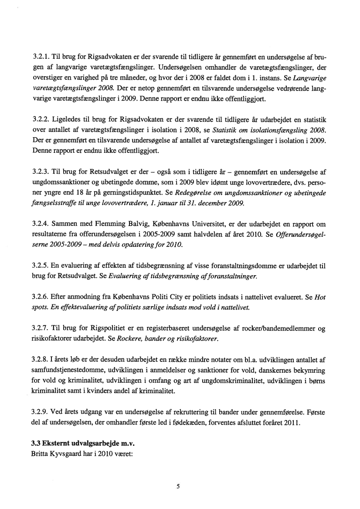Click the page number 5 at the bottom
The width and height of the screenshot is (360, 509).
[x=178, y=487]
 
